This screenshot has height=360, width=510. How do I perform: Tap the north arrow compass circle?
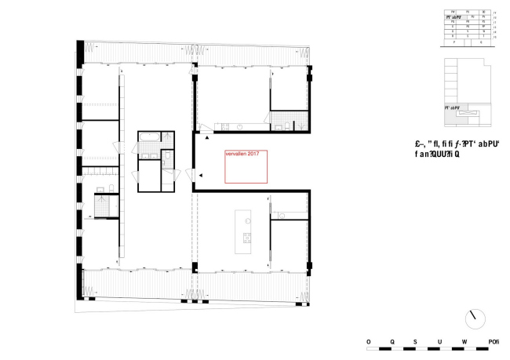pos(476,318)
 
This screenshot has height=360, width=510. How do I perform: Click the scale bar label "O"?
pos(368,342)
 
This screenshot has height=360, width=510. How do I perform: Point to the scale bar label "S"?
pos(416,342)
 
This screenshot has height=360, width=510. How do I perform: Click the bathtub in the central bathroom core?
pos(149,136)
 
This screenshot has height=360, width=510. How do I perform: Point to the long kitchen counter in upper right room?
pos(235,125)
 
